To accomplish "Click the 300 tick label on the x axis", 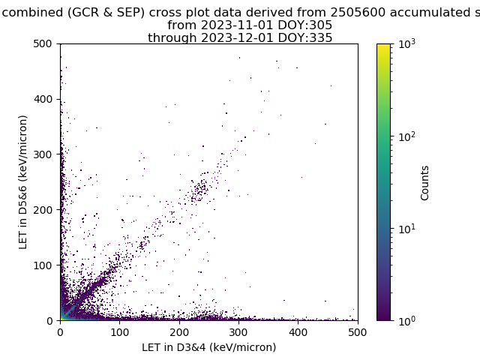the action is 238,332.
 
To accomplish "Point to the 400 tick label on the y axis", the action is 43,99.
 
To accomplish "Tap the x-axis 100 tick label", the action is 119,332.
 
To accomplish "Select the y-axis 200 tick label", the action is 43,210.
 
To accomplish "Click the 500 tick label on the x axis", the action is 357,332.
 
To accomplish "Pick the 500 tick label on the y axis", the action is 43,43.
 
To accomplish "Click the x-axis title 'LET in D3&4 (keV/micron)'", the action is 209,347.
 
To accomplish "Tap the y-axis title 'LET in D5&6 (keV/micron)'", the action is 23,182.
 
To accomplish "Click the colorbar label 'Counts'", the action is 424,183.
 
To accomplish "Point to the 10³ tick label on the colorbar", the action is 407,44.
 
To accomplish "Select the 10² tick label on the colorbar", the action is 407,136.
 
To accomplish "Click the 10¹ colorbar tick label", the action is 407,229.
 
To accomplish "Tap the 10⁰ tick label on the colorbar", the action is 407,321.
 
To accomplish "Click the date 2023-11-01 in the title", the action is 237,25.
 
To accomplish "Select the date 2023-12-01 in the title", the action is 237,38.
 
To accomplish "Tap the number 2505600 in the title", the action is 358,13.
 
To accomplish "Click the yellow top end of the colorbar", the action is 383,45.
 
